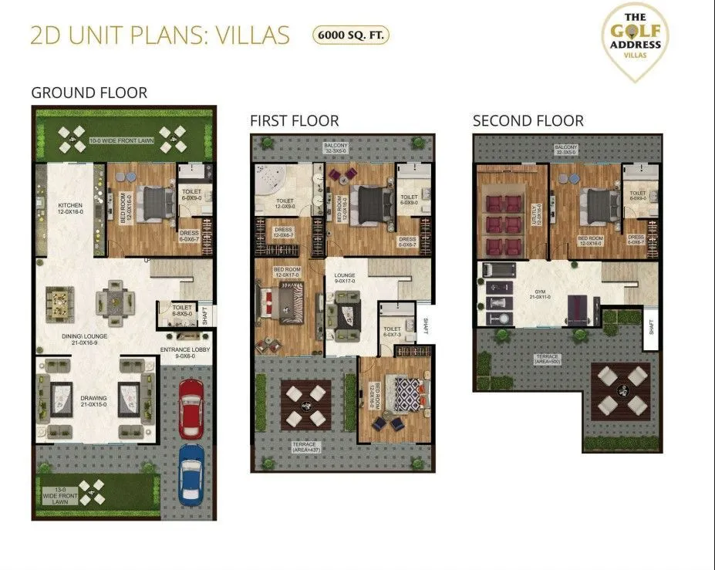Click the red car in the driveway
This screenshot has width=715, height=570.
click(x=191, y=406)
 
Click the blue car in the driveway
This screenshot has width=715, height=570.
click(x=191, y=473)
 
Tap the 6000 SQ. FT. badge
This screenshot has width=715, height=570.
click(x=350, y=35)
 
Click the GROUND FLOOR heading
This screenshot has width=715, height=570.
click(x=89, y=93)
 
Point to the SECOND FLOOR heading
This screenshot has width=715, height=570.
click(x=528, y=121)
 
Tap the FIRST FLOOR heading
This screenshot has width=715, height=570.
click(x=294, y=121)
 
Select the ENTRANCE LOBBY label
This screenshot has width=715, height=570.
click(x=185, y=352)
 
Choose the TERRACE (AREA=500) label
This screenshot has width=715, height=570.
click(x=548, y=360)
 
